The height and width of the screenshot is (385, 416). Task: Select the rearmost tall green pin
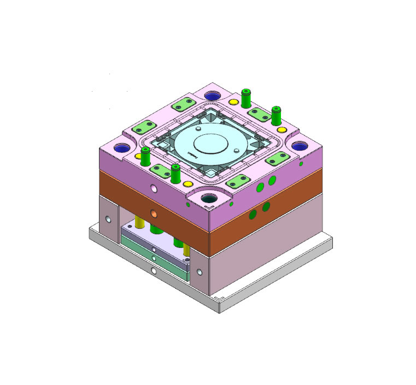point(245,97)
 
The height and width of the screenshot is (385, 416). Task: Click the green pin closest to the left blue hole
point(145,156)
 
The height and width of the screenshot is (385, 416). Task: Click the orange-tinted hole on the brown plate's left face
point(154,213)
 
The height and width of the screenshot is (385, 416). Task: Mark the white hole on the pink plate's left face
point(154,188)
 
